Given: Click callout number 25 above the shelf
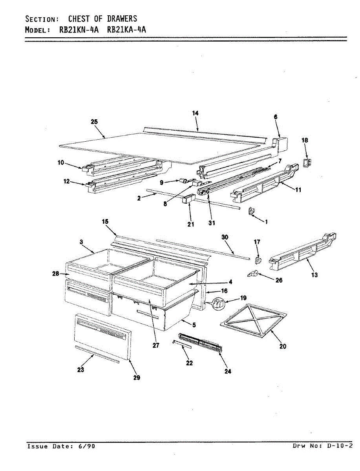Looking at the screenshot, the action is [94, 122].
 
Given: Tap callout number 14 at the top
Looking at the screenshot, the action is [195, 113].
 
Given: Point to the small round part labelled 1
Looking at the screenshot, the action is [250, 212].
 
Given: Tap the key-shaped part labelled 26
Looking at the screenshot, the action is [252, 274].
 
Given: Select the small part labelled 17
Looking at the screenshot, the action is [257, 259].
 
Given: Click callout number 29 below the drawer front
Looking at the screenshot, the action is [136, 378].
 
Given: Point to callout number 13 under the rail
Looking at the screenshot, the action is [314, 275].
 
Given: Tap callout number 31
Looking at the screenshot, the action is [212, 224].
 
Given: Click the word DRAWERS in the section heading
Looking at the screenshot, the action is [122, 18].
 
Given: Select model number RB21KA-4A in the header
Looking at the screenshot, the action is [127, 30].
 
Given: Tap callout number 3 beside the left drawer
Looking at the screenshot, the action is [81, 243].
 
